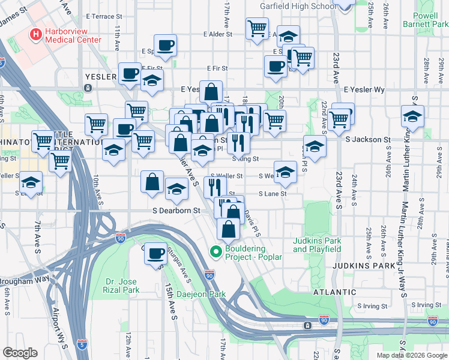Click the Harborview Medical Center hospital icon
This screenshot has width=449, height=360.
tap(36, 34)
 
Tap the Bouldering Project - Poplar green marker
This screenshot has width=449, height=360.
tap(215, 251)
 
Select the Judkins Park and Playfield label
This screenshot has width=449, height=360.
tap(317, 245)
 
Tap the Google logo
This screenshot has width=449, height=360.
tap(20, 352)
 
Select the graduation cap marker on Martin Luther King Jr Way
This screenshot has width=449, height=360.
tap(412, 117)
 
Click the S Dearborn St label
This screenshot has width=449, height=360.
tap(176, 211)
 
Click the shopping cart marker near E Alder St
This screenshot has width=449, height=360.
tap(257, 28)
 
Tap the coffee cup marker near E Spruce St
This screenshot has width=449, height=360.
tap(165, 45)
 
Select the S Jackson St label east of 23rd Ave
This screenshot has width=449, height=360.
tap(368, 139)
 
